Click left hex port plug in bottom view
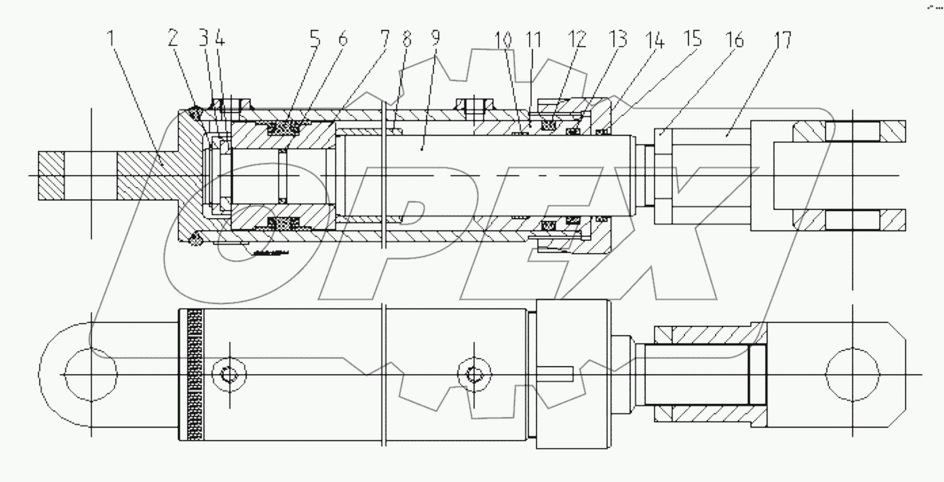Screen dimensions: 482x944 229,375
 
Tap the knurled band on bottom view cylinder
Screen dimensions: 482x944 195,375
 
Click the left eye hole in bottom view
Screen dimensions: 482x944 91,375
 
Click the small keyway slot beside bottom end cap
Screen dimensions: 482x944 559,375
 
